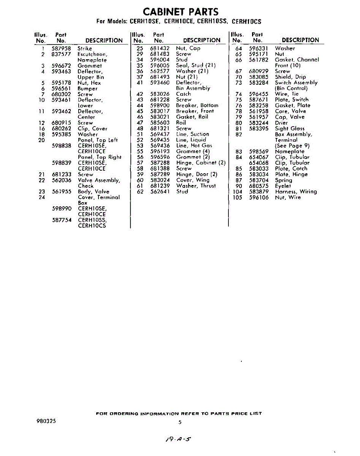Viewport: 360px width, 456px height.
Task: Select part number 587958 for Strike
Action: [x=61, y=49]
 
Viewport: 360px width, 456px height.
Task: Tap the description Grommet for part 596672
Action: [x=90, y=66]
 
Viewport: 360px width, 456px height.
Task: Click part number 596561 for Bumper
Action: [x=61, y=89]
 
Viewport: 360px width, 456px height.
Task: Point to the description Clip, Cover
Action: [x=92, y=128]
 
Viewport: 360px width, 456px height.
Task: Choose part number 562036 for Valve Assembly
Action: [x=61, y=180]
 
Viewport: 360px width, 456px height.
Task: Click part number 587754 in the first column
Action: [x=61, y=220]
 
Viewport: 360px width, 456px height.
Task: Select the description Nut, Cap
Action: [x=188, y=48]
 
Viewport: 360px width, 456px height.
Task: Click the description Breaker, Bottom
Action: [x=197, y=105]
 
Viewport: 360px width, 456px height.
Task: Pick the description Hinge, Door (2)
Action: [x=197, y=174]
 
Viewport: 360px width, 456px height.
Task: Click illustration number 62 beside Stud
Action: [x=140, y=192]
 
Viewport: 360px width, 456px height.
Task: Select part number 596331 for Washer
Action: [x=259, y=48]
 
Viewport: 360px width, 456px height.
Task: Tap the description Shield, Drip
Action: [x=290, y=77]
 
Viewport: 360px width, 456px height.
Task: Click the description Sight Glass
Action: [x=290, y=128]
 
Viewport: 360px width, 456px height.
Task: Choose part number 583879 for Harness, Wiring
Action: [x=259, y=192]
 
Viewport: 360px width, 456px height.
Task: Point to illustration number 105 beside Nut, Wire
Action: [x=237, y=197]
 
